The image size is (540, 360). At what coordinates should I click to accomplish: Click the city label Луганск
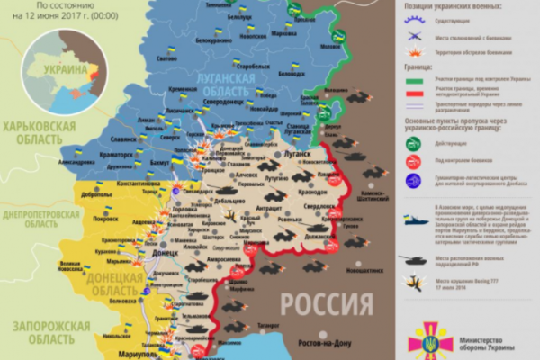[x=296, y=155]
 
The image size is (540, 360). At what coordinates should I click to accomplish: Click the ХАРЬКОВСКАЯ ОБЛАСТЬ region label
[x=38, y=132]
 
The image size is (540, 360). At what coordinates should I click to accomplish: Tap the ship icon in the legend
[x=418, y=222]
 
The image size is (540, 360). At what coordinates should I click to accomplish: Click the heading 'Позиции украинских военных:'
[x=447, y=5]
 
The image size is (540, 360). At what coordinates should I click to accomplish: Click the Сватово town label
[x=166, y=58]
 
